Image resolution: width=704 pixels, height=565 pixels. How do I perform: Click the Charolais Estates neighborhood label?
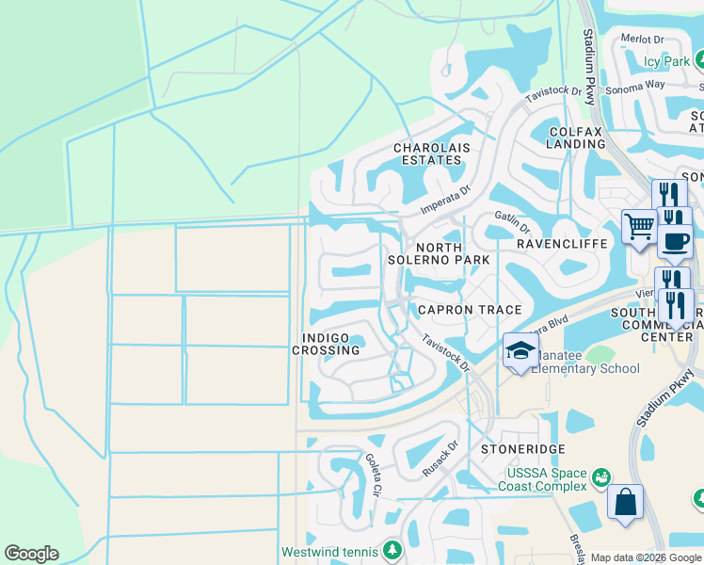click(428, 154)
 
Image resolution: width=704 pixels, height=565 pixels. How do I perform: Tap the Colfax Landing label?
click(575, 137)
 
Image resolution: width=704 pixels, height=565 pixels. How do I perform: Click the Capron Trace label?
click(456, 310)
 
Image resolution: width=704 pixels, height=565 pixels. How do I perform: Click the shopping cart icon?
click(639, 226)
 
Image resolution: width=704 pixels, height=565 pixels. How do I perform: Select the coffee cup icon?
click(674, 240)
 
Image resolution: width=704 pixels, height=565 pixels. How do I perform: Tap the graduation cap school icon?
click(520, 350)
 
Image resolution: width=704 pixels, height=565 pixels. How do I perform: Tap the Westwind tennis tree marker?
click(392, 551)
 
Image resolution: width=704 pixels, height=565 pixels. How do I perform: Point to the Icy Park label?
click(666, 62)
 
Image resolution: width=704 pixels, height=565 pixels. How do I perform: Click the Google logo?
click(31, 554)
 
